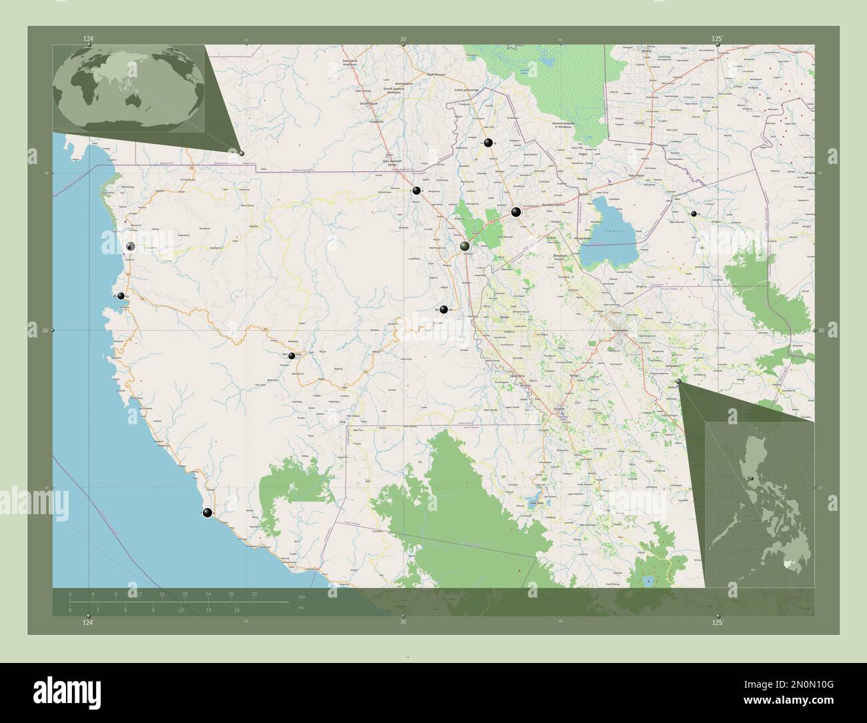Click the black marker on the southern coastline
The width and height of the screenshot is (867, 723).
[207, 512]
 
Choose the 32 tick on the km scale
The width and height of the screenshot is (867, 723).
[254, 594]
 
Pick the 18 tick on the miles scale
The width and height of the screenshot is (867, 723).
[236, 610]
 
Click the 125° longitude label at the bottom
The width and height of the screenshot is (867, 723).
[717, 622]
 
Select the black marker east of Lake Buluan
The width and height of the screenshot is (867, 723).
[694, 213]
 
